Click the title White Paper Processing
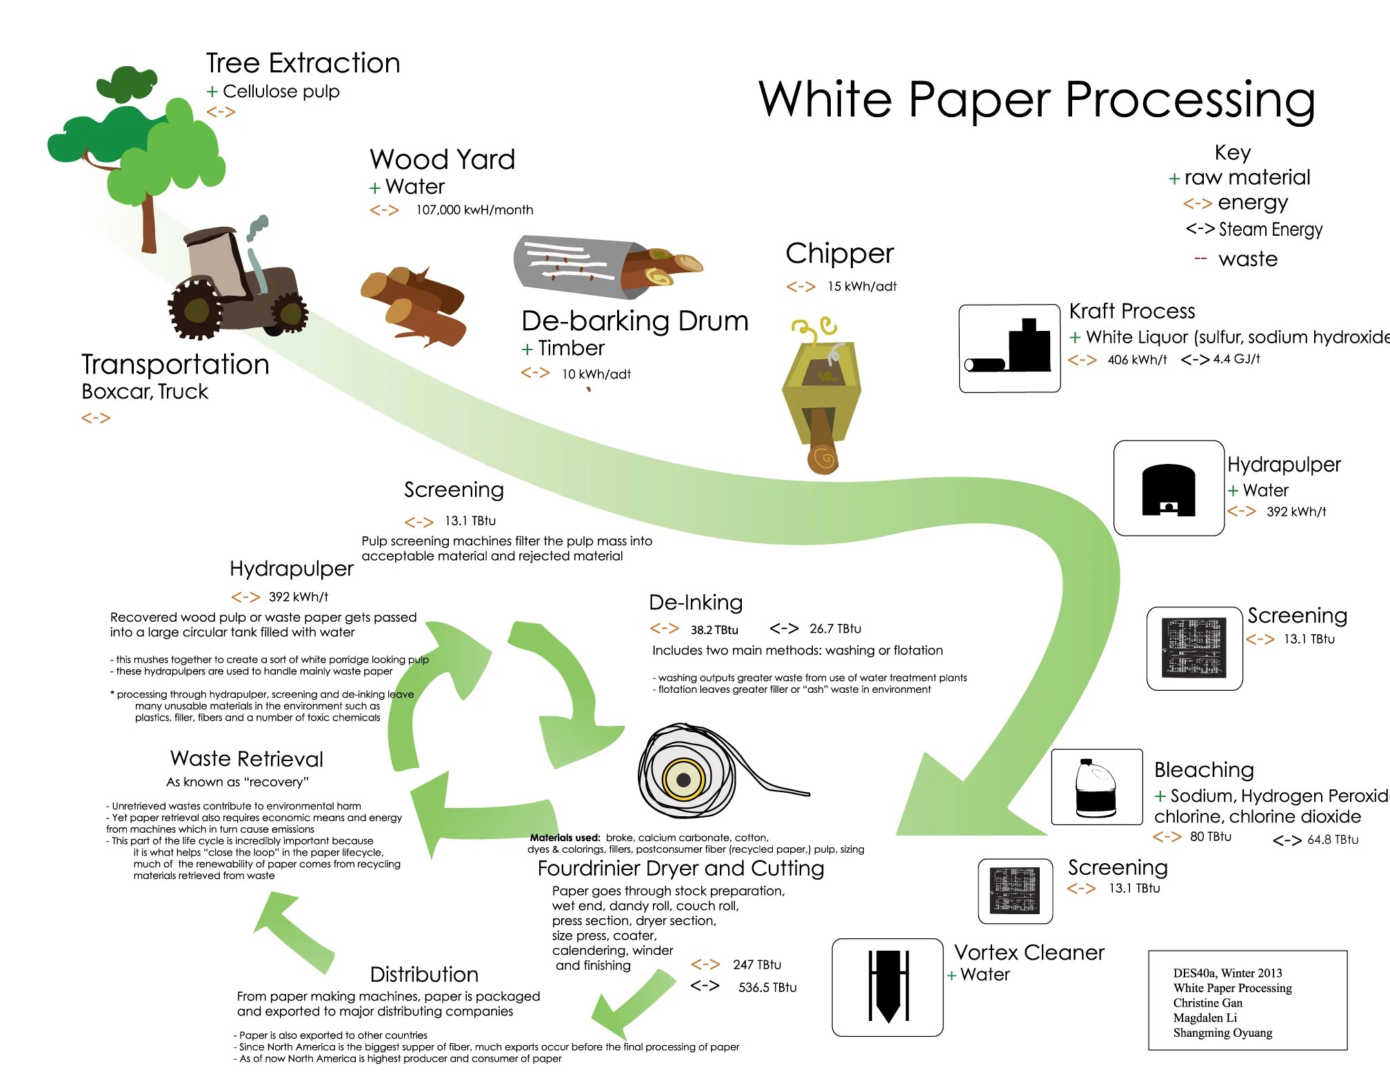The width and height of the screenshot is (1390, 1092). tap(1036, 100)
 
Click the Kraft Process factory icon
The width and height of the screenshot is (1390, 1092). tap(1009, 349)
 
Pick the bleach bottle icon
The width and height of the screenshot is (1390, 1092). tap(1096, 787)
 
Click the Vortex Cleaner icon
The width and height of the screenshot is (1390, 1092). tap(887, 987)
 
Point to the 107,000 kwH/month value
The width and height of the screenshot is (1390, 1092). tap(474, 210)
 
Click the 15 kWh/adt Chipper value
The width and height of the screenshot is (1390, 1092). tap(861, 287)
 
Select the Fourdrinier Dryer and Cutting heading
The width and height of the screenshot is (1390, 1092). tap(681, 869)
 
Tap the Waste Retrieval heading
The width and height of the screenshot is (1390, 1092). tap(246, 759)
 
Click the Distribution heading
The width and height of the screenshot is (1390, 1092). tap(424, 975)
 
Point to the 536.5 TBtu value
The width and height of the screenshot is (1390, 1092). tap(767, 988)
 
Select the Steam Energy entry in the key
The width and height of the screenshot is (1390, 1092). tap(1270, 230)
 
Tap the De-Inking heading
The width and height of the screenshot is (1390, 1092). tap(696, 603)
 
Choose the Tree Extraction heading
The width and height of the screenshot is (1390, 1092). tap(303, 63)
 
